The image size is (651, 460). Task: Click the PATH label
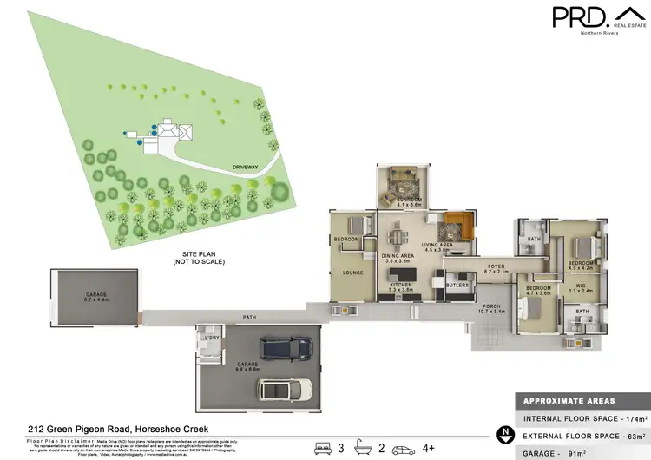pos(250,316)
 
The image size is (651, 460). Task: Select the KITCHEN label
pos(400,285)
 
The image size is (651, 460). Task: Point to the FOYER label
pos(496,267)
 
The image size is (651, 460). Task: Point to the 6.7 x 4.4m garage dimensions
pos(96,299)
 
